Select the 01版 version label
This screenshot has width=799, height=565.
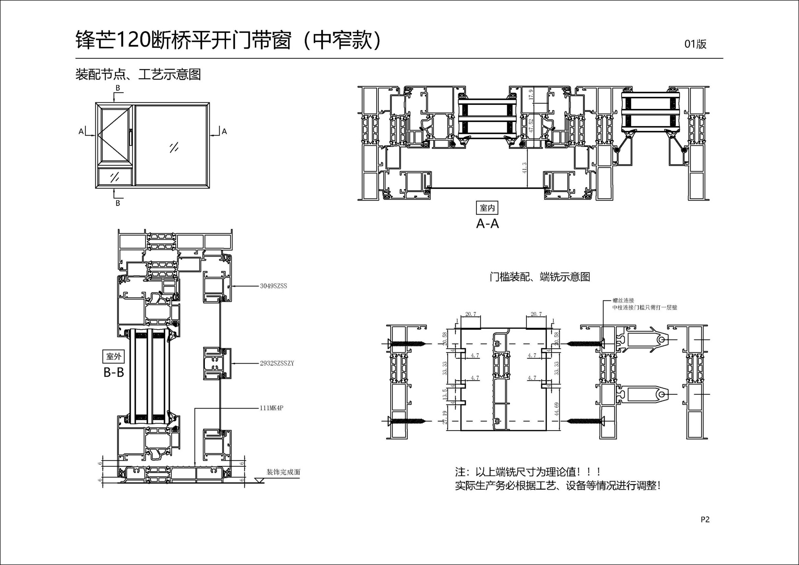tap(695, 44)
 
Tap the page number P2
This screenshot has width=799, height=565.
tap(705, 519)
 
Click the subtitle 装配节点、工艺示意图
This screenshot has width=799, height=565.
tap(138, 74)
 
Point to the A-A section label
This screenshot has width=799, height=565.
tap(487, 224)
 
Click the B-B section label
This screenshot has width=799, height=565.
tap(114, 372)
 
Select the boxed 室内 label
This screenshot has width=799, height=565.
tap(487, 208)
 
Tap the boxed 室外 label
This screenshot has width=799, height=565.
tap(114, 357)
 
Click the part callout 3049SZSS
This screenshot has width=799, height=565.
tap(273, 286)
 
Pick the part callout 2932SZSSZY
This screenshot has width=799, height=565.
tap(277, 363)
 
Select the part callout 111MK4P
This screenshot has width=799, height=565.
tap(271, 408)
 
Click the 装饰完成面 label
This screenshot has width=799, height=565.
tap(283, 472)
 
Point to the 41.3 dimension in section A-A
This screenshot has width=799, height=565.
tap(524, 168)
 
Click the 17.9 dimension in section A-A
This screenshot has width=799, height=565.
tap(531, 94)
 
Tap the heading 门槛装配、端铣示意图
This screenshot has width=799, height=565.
tap(540, 277)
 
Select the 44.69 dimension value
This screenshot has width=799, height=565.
tap(557, 409)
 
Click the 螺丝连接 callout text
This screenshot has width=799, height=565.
tap(623, 300)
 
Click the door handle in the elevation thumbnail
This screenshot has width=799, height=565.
tap(130, 137)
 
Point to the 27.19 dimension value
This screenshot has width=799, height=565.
tap(445, 417)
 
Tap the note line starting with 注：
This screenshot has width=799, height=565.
tap(528, 472)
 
